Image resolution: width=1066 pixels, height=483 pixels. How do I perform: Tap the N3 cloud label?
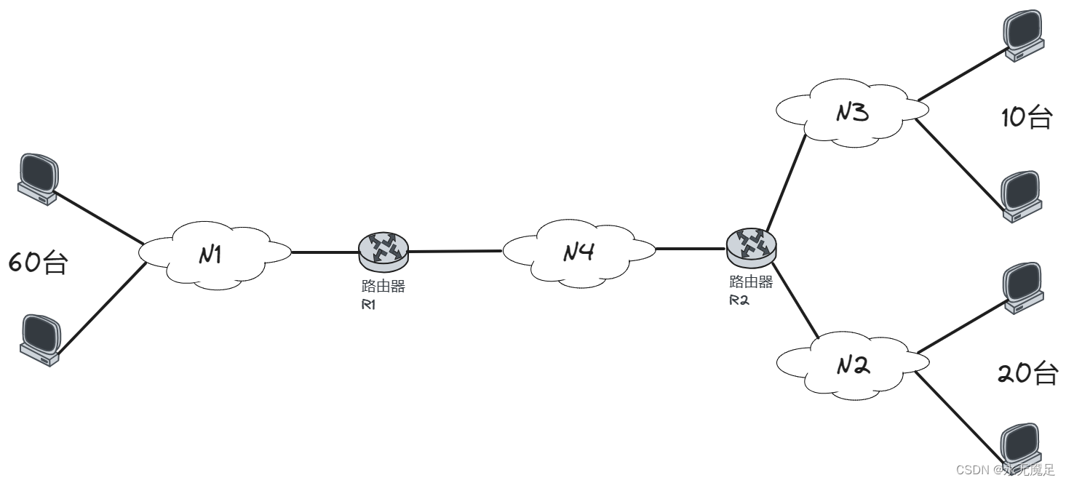pyautogui.click(x=851, y=113)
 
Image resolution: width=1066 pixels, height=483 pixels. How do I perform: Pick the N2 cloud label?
pyautogui.click(x=851, y=365)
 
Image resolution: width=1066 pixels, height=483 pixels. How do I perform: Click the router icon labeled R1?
pyautogui.click(x=383, y=249)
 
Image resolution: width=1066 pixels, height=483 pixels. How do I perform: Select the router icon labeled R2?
pyautogui.click(x=751, y=246)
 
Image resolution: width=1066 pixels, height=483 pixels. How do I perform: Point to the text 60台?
pyautogui.click(x=38, y=263)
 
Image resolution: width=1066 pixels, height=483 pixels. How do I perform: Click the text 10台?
pyautogui.click(x=1026, y=117)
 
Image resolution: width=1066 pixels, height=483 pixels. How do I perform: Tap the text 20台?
pyautogui.click(x=1027, y=373)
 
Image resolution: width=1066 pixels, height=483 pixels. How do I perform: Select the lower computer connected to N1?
pyautogui.click(x=39, y=339)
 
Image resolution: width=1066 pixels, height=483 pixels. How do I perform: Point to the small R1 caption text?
pyautogui.click(x=368, y=304)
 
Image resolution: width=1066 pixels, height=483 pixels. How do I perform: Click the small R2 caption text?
pyautogui.click(x=739, y=300)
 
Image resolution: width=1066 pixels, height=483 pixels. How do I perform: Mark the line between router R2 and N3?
pyautogui.click(x=786, y=182)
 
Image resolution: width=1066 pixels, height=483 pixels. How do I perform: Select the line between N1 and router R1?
pyautogui.click(x=325, y=252)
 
